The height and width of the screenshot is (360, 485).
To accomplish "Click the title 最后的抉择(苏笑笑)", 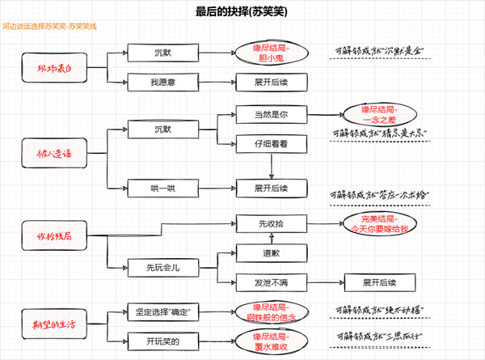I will click(241, 13).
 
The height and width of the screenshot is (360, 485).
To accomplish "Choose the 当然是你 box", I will click(272, 115).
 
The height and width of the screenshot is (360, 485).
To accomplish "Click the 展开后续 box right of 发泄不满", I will click(378, 282).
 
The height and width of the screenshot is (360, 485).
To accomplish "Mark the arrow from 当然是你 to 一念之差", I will click(323, 115).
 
